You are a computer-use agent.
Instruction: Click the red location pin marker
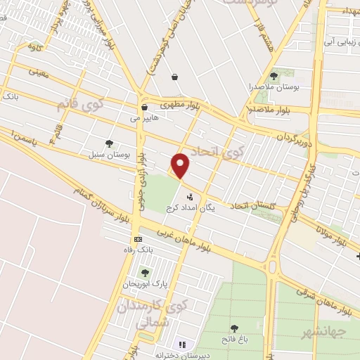[181, 165]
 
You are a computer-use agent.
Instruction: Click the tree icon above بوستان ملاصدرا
[274, 76]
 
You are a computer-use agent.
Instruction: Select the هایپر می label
[146, 119]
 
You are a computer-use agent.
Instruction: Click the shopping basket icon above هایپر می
[144, 108]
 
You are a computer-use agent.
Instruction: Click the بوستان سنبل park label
[106, 153]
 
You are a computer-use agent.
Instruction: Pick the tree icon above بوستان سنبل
[109, 143]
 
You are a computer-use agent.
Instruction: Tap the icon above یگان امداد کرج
[189, 197]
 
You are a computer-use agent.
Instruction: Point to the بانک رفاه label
[136, 250]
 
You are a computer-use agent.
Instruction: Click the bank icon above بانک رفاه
[137, 239]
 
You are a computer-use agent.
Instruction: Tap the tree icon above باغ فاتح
[233, 328]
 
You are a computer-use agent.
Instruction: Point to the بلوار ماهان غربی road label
[184, 239]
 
